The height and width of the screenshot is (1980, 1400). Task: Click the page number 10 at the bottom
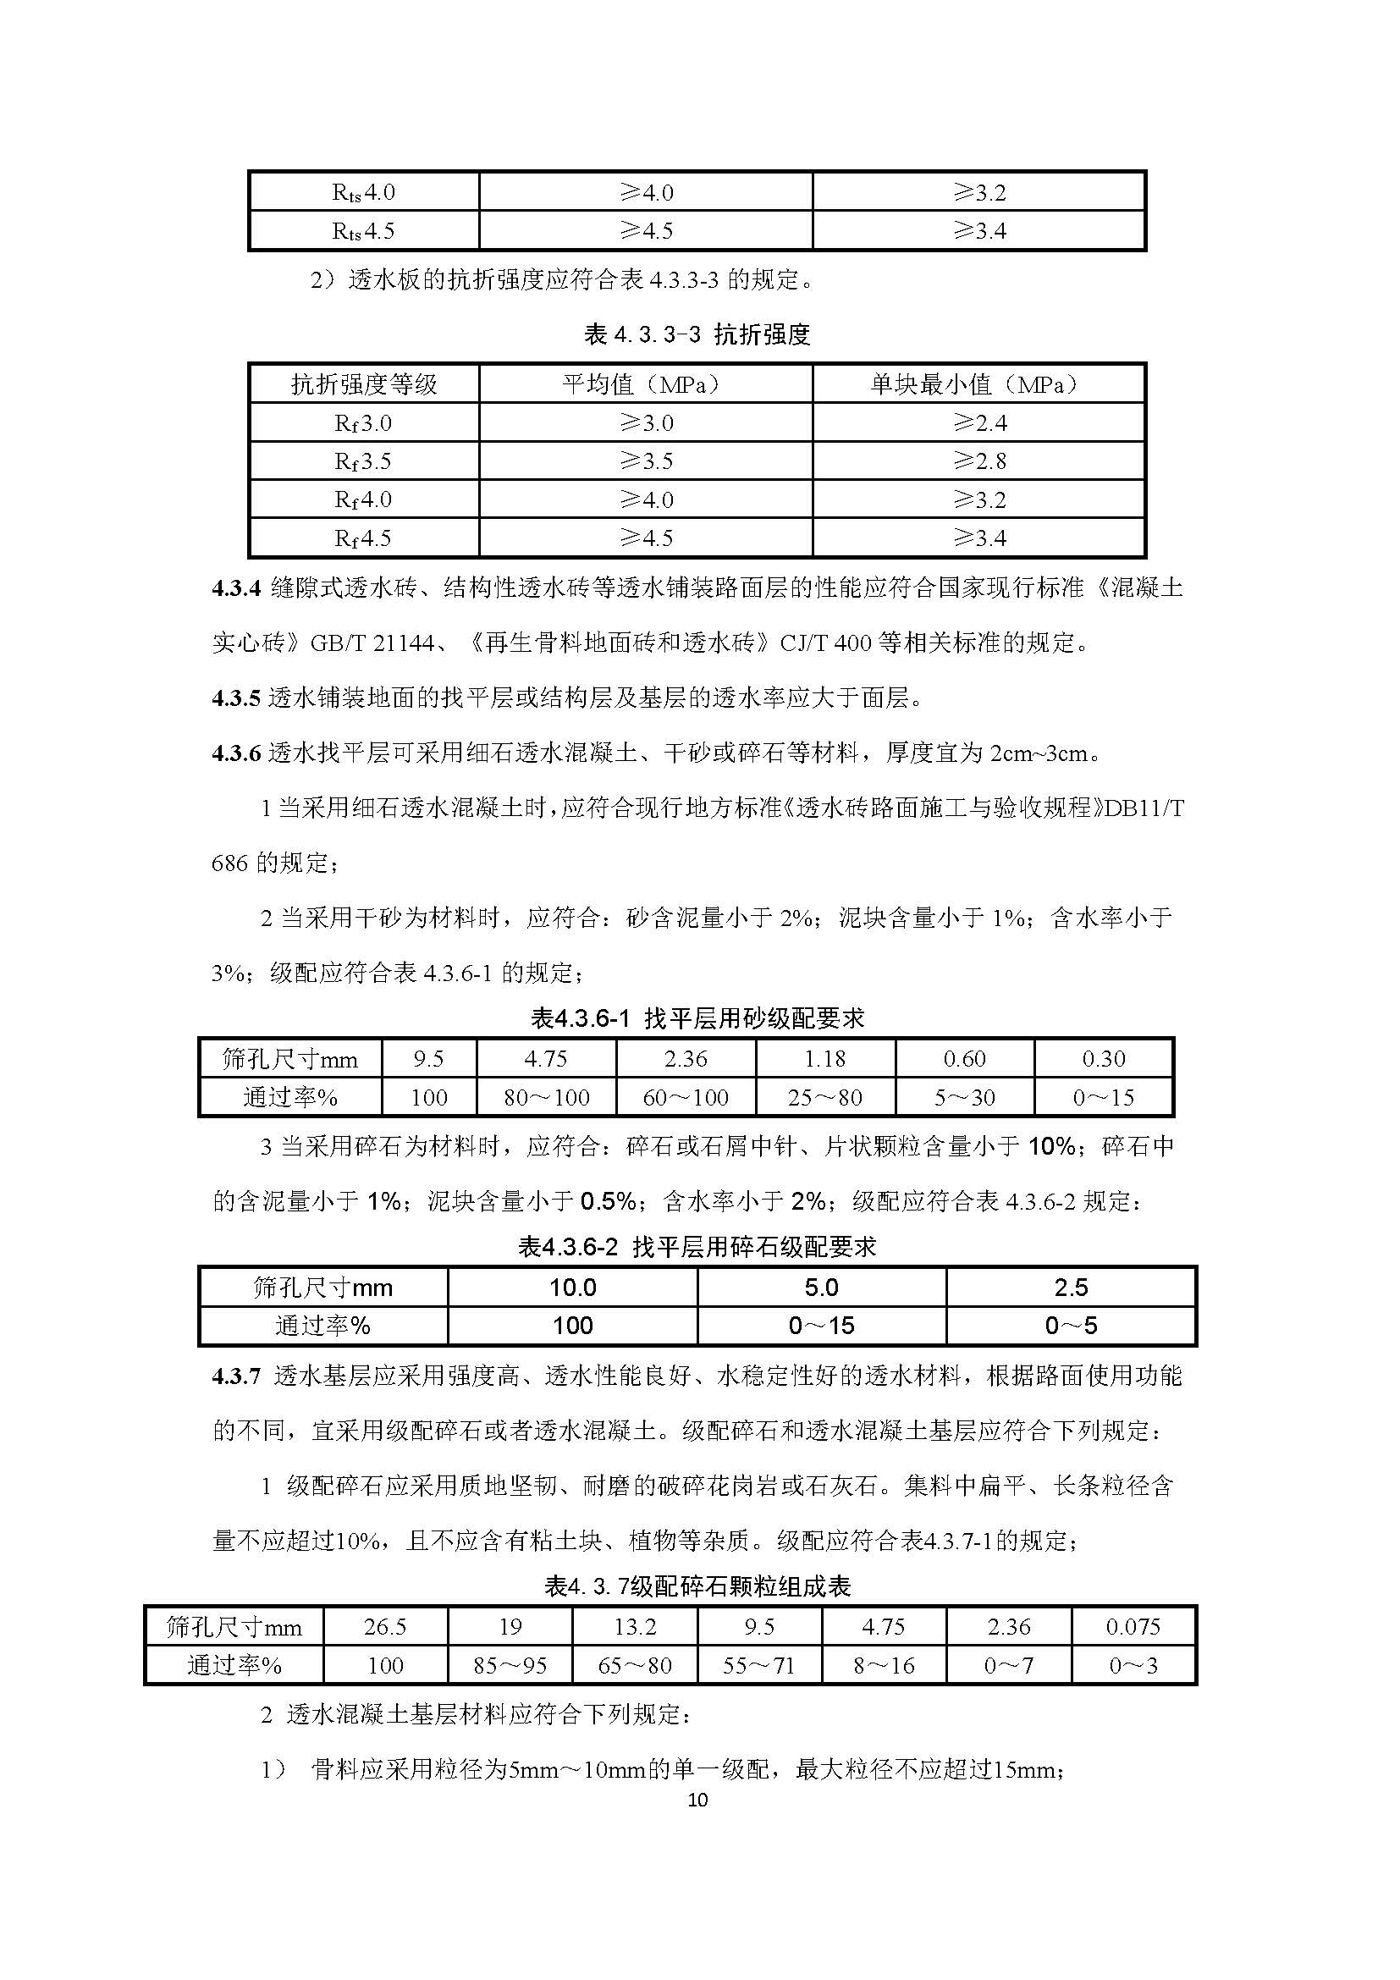coord(698,1800)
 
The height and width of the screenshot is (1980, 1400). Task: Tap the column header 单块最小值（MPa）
coord(978,383)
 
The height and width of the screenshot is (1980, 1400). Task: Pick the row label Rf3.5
coord(363,461)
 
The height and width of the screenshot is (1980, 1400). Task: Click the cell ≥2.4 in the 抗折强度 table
coord(979,422)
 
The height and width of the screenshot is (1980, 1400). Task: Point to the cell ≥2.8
coord(979,461)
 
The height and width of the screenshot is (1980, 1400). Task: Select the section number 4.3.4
coord(235,588)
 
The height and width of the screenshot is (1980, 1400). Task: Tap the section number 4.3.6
coord(235,753)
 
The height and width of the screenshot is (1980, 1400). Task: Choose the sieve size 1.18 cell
coord(825,1059)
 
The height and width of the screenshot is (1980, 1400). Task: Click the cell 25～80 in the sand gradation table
coord(825,1098)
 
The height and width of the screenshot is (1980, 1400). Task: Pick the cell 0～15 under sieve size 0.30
coord(1104,1098)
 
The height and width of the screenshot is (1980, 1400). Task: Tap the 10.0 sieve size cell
coord(572,1288)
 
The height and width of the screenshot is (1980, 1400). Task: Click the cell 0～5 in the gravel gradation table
coord(1071,1326)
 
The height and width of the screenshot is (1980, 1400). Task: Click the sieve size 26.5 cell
coord(384,1627)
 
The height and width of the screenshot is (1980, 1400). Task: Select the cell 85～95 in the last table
coord(510,1665)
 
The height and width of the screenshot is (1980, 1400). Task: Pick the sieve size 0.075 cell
coord(1133,1627)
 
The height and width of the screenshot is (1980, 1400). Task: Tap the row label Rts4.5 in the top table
coord(363,231)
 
